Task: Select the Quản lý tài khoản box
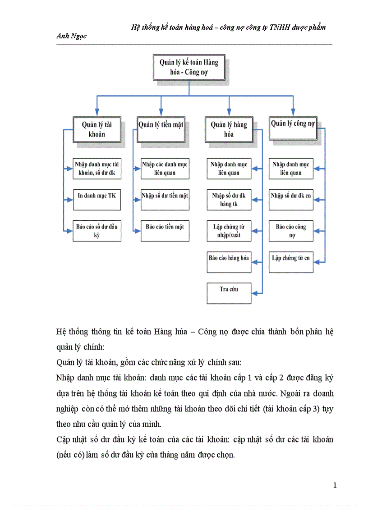[97, 130]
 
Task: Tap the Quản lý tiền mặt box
[161, 130]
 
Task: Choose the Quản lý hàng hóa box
[229, 130]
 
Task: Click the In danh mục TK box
[97, 200]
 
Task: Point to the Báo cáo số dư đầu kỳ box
[97, 231]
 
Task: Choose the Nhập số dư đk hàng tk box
[229, 200]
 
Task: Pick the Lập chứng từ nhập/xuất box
[229, 231]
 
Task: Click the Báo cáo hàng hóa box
[229, 262]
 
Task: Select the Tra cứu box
[229, 293]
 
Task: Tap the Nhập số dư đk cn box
[291, 200]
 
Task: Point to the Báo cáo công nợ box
[291, 231]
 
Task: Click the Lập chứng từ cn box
[291, 262]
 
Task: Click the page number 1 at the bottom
[335, 485]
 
